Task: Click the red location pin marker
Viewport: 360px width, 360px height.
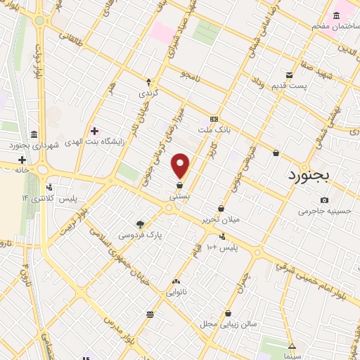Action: (181, 166)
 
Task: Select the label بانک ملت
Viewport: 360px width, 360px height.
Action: (214, 131)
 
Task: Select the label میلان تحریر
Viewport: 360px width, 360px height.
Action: (221, 219)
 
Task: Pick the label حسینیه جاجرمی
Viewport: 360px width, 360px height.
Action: (323, 211)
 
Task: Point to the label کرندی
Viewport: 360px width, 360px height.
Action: (148, 93)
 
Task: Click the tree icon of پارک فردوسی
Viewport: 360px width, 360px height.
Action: (140, 224)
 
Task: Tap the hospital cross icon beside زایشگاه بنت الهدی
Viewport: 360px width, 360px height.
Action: (94, 131)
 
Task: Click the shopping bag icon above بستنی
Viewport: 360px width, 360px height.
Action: (180, 186)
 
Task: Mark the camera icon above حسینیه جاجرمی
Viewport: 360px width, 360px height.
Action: (323, 200)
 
